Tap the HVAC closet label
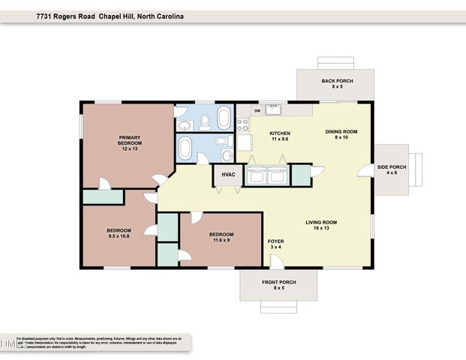pyautogui.click(x=228, y=175)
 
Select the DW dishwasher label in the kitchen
pyautogui.click(x=257, y=111)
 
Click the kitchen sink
pyautogui.click(x=274, y=112)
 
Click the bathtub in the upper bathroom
pyautogui.click(x=224, y=118)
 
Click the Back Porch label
pyautogui.click(x=337, y=84)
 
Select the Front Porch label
pyautogui.click(x=279, y=285)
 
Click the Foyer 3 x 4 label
pyautogui.click(x=275, y=244)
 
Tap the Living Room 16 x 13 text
pyautogui.click(x=320, y=225)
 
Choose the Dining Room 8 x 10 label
pyautogui.click(x=341, y=135)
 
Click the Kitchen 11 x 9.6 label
pyautogui.click(x=279, y=136)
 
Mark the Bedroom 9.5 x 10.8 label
pyautogui.click(x=119, y=233)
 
